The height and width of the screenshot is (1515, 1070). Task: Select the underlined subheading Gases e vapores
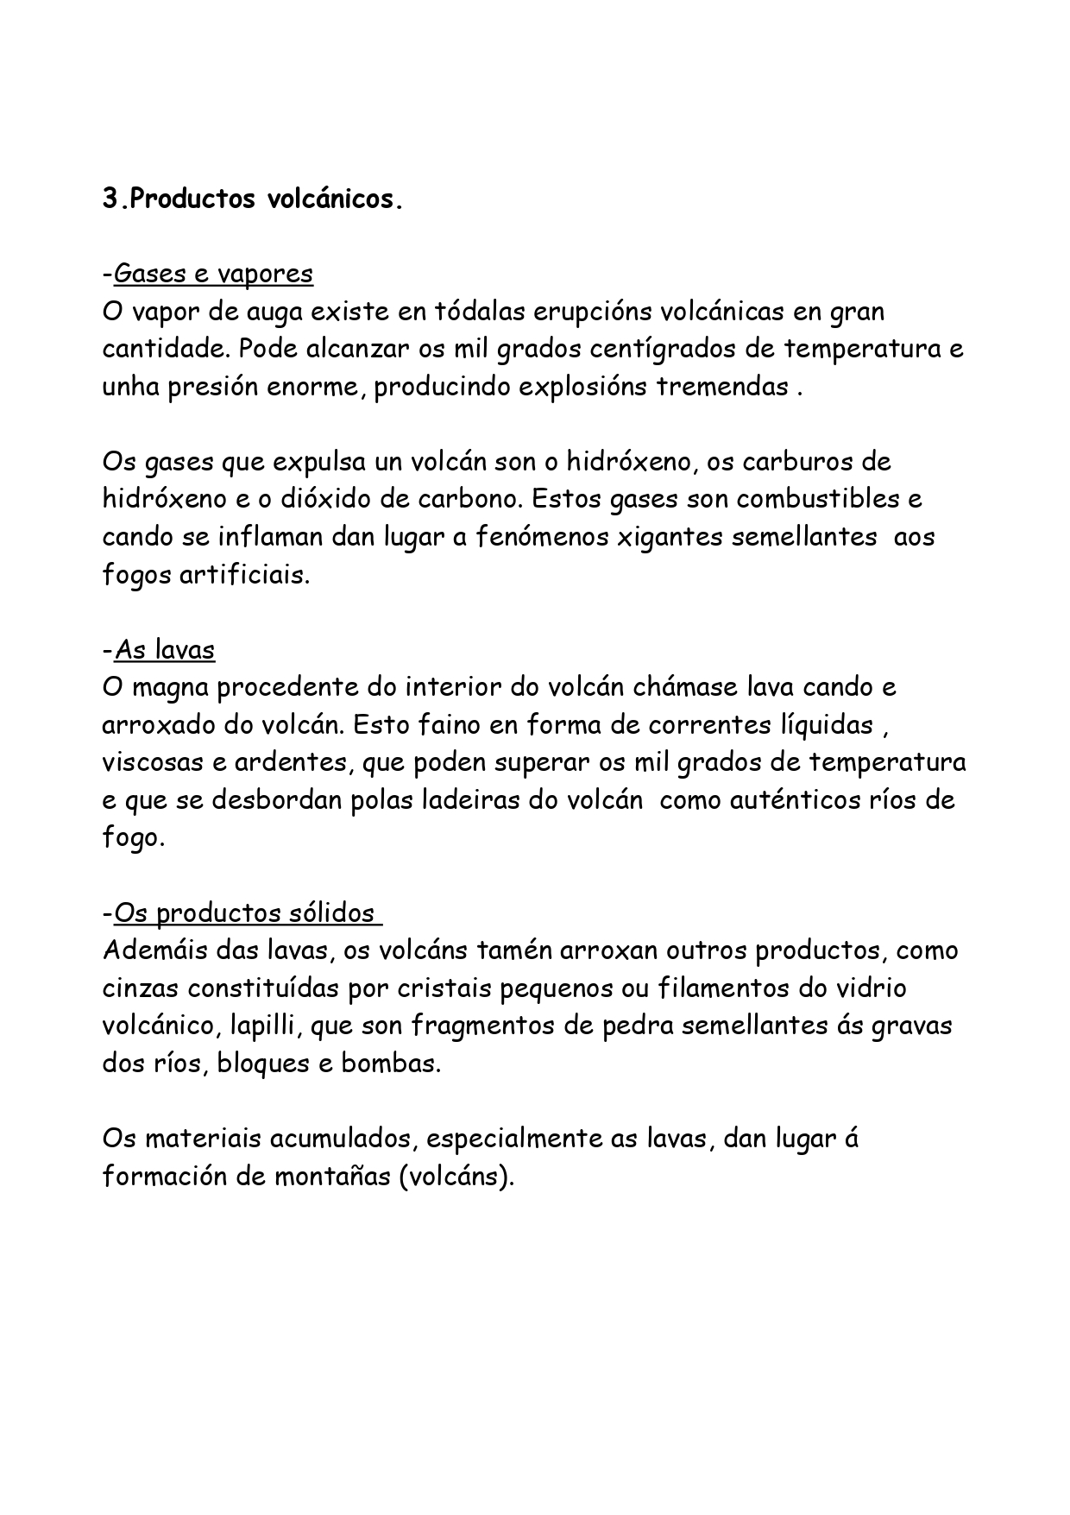click(x=213, y=274)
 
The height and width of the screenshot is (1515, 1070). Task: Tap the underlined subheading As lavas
click(x=164, y=649)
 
